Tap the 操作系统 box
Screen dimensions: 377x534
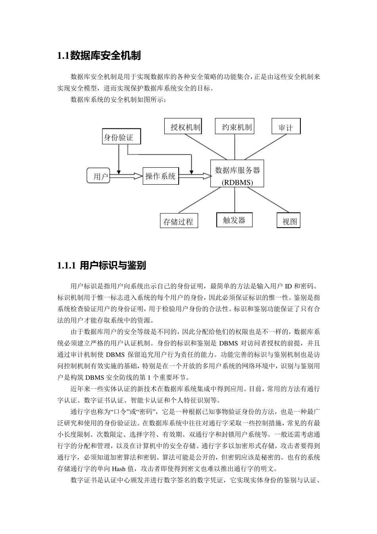point(160,176)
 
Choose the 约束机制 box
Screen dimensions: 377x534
point(235,126)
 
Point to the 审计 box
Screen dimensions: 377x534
point(286,127)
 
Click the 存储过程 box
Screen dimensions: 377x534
point(178,221)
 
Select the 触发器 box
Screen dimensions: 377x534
point(234,220)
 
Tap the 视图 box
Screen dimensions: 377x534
point(289,221)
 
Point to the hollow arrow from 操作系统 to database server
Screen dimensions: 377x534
point(194,175)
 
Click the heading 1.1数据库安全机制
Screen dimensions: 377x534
point(99,56)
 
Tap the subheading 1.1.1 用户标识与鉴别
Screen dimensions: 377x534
point(102,266)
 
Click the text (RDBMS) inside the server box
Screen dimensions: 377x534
point(237,183)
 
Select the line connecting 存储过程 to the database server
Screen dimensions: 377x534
point(198,201)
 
